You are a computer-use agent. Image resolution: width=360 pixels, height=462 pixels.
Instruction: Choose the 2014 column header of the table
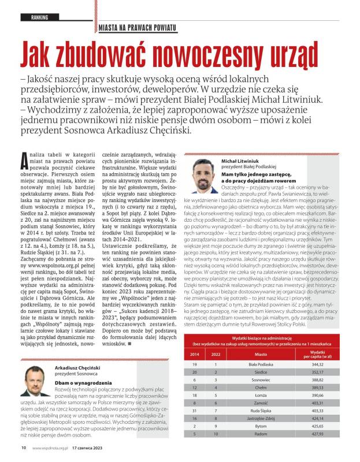[x=195, y=353]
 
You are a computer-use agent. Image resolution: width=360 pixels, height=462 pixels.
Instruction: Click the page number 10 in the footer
[x=24, y=446]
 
